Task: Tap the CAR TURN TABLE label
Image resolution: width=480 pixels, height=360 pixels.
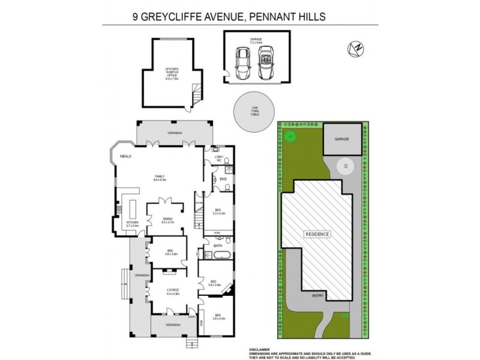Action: [254, 111]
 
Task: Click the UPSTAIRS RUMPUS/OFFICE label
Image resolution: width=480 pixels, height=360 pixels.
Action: [172, 73]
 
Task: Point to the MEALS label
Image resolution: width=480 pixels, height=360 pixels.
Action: [125, 156]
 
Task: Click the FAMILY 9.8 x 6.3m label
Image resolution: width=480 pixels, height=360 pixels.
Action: [159, 178]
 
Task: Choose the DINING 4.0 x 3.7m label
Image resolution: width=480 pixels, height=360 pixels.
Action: [167, 220]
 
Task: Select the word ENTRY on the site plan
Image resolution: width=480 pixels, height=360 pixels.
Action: [317, 296]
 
